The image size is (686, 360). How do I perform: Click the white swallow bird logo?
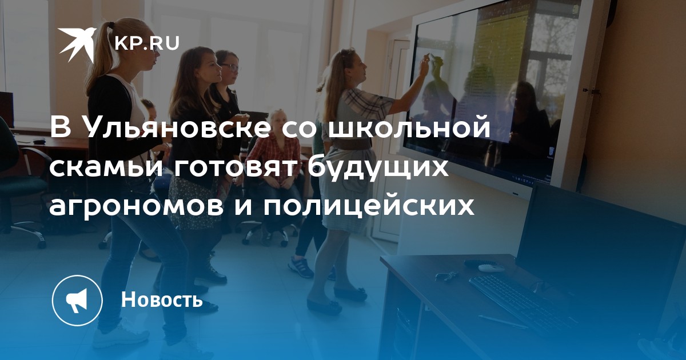click(77, 45)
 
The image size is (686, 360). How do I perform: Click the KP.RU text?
click(147, 43)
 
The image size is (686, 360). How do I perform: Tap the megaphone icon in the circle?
click(77, 301)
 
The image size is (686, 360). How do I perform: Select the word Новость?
click(162, 299)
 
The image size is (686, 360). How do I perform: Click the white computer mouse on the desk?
click(491, 267)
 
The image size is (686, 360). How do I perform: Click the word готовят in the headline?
click(239, 167)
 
